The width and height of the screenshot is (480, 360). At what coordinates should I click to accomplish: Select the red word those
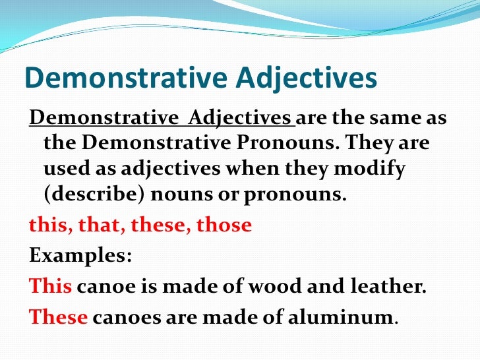point(225,225)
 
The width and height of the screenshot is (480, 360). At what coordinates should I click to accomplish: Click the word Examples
point(80,255)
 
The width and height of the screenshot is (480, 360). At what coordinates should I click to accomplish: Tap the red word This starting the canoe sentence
point(51,286)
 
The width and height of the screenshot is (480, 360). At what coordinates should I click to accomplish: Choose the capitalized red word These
point(59,316)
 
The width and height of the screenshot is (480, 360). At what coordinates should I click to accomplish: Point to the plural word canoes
point(123,316)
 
